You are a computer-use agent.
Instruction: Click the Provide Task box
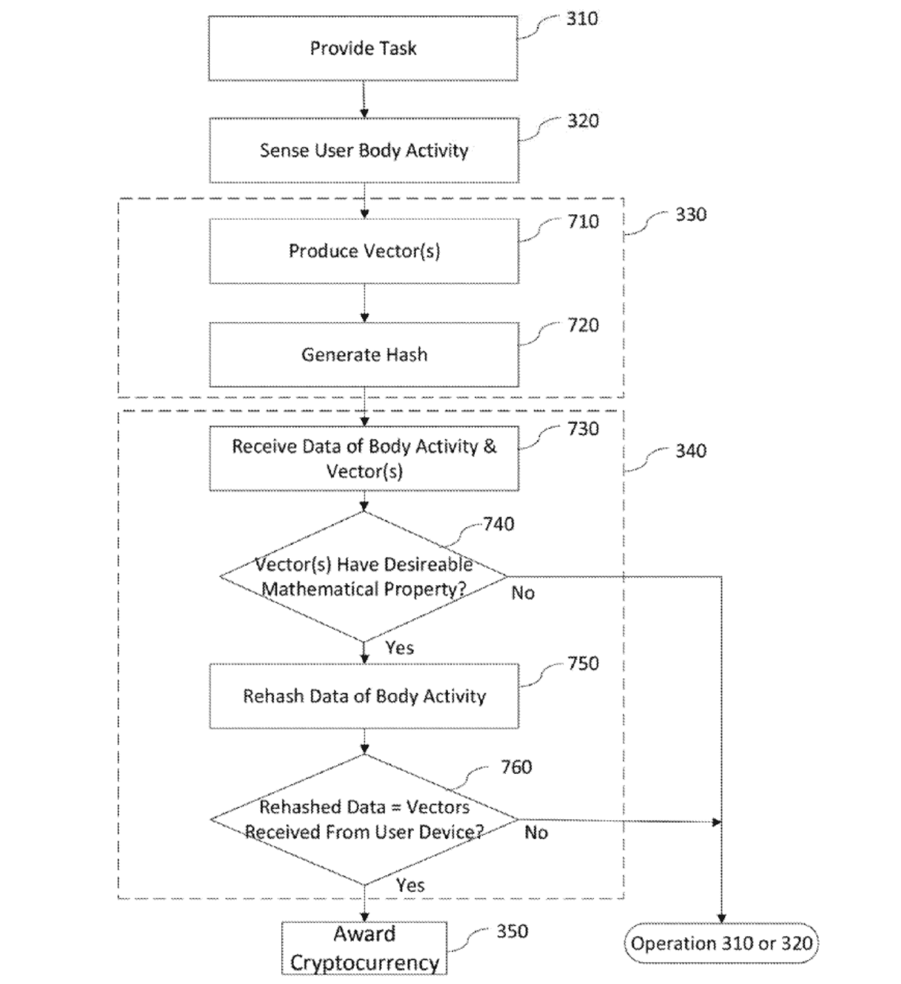363,48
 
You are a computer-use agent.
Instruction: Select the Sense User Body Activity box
364,151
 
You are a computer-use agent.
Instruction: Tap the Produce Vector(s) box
364,251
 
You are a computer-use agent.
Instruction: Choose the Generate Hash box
364,354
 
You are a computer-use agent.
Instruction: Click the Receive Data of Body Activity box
364,459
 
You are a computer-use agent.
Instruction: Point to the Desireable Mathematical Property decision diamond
364,577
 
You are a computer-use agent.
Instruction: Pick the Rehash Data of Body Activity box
364,696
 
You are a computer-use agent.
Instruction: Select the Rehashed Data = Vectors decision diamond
364,820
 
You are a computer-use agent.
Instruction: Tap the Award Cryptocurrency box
364,948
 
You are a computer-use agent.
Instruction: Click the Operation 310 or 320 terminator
721,943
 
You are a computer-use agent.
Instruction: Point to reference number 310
582,19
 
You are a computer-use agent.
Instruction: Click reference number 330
690,215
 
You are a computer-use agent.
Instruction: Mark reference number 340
690,451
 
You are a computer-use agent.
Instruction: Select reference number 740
498,524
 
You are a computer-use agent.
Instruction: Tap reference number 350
512,932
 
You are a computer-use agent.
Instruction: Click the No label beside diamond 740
523,593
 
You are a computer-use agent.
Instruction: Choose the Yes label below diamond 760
410,885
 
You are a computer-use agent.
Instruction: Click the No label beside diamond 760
536,833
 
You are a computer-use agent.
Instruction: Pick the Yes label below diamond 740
400,648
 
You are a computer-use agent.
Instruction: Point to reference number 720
583,325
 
